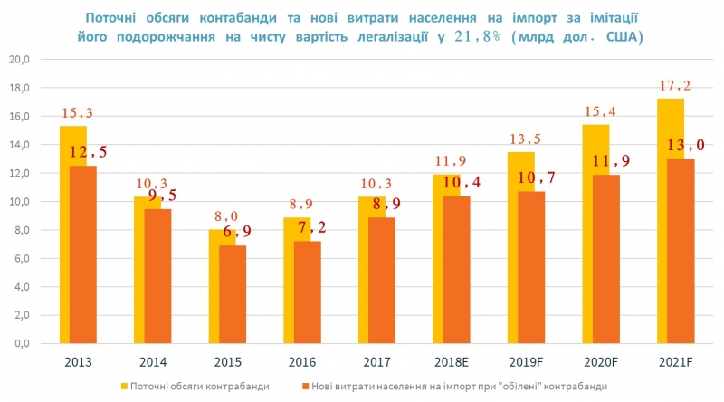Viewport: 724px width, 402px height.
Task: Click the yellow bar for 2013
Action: click(x=65, y=235)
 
